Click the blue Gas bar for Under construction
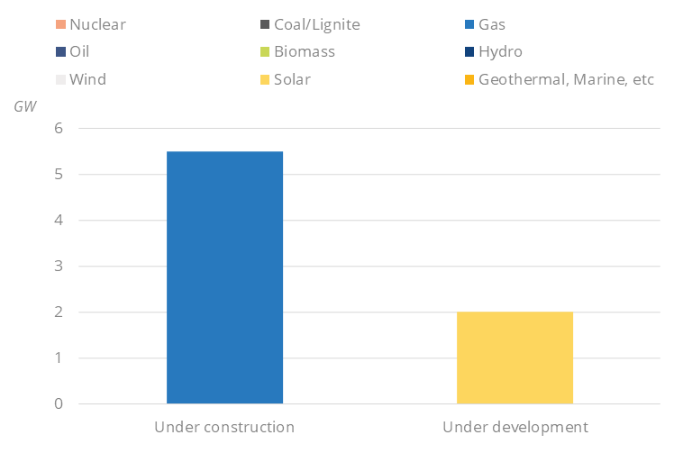coord(224,277)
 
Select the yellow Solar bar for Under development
coord(515,358)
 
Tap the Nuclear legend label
coord(97,24)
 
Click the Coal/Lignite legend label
coord(316,24)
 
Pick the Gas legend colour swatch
coord(469,24)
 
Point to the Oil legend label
coord(79,51)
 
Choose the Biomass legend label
coord(305,51)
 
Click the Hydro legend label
coord(500,51)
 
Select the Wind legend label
coord(87,79)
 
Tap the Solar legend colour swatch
coord(265,79)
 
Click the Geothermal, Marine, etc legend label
coord(566,79)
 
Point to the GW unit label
coord(25,106)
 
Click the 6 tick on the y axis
coord(59,128)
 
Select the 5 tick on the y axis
coord(59,174)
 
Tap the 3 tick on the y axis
coord(59,266)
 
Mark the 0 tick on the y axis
coord(59,403)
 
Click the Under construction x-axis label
coord(224,427)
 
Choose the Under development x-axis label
coord(515,427)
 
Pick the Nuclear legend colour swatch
coord(60,24)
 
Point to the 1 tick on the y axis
coord(59,358)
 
